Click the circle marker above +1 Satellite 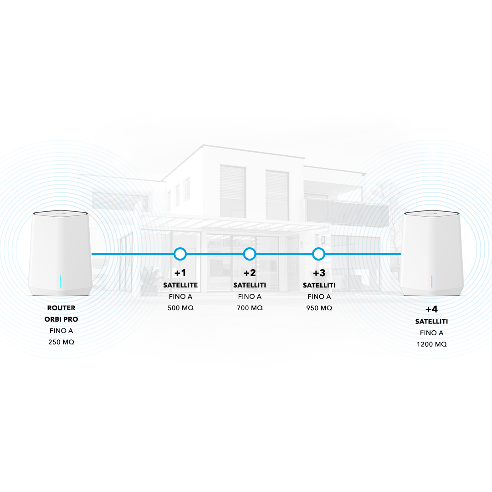180,254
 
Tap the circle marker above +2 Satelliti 250,254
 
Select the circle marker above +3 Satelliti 319,254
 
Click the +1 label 180,273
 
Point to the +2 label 250,273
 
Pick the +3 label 319,273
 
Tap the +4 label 431,310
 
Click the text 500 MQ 180,308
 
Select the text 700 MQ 250,308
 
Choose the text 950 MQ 319,308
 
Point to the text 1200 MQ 431,344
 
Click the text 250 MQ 61,342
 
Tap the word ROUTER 61,308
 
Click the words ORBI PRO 61,319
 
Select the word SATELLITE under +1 180,285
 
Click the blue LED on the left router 61,282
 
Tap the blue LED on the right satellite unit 432,282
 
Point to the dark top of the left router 61,213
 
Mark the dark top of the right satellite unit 431,213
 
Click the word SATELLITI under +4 431,322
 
